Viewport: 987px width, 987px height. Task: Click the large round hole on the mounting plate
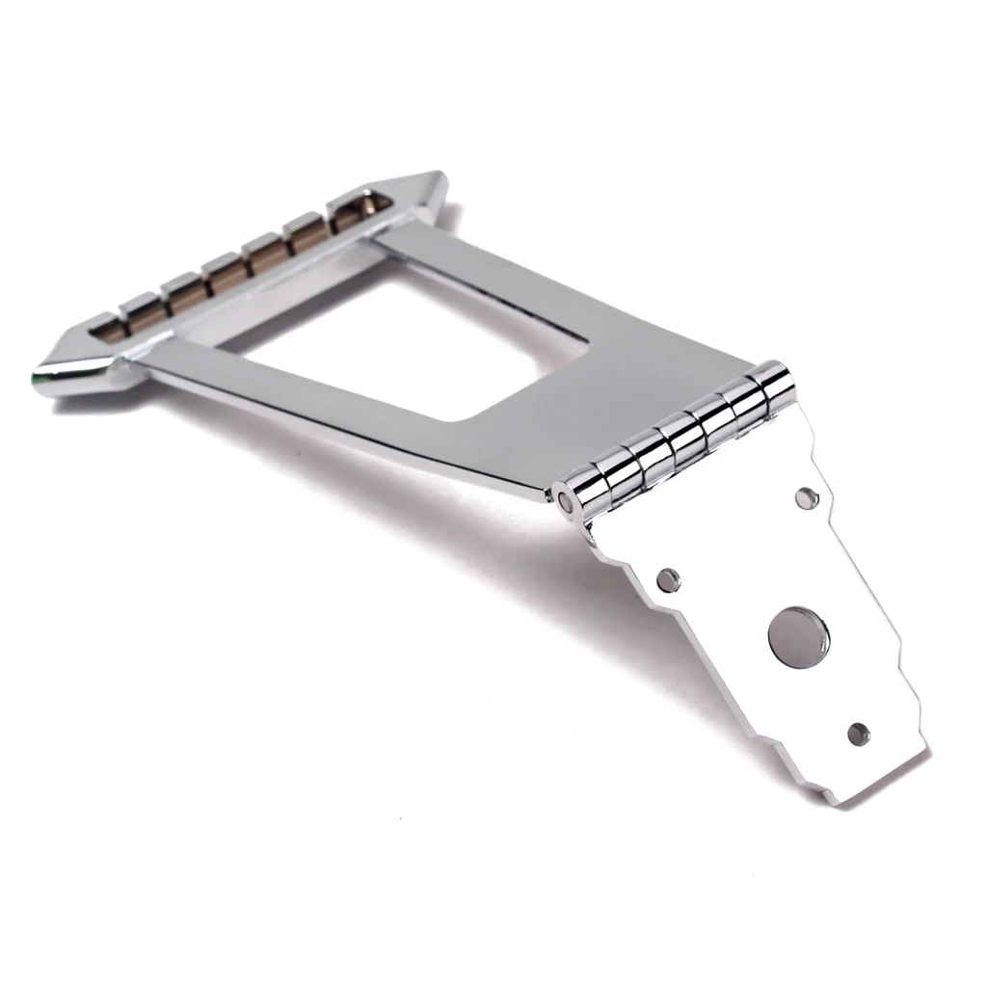798,637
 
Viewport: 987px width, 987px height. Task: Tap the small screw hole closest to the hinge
807,497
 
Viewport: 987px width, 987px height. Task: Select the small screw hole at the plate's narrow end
858,734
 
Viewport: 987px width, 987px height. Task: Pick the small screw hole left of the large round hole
667,579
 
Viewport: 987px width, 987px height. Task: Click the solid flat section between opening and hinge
617,386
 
